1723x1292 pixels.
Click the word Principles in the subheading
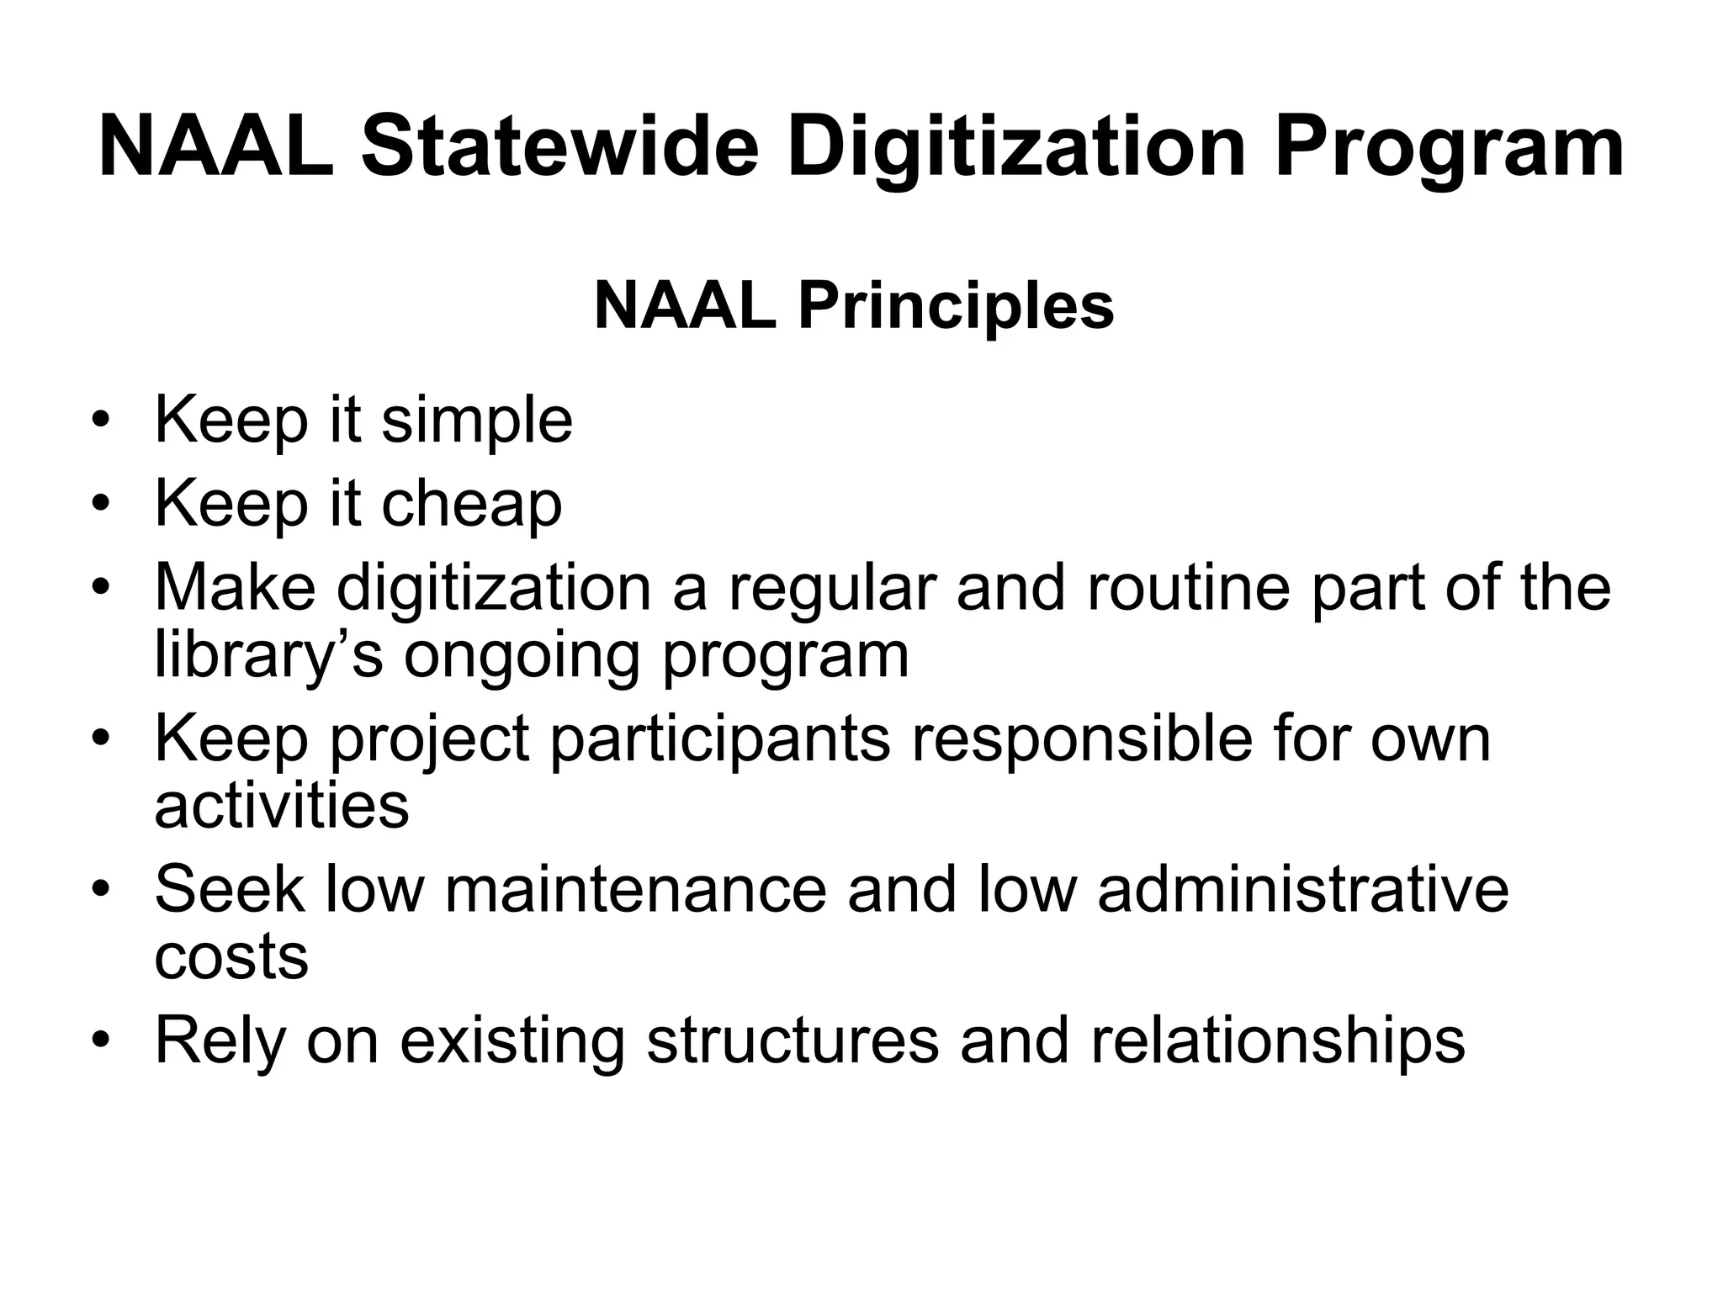956,306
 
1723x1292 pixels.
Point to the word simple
477,421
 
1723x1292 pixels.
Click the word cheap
472,505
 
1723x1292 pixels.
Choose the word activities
282,805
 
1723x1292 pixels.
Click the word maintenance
635,889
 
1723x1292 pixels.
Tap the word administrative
1303,889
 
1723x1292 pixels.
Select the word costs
231,956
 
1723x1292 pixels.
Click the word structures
792,1040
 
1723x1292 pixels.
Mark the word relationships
1278,1040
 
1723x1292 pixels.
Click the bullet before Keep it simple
102,421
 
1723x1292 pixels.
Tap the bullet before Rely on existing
102,1040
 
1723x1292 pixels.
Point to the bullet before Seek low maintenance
102,889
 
